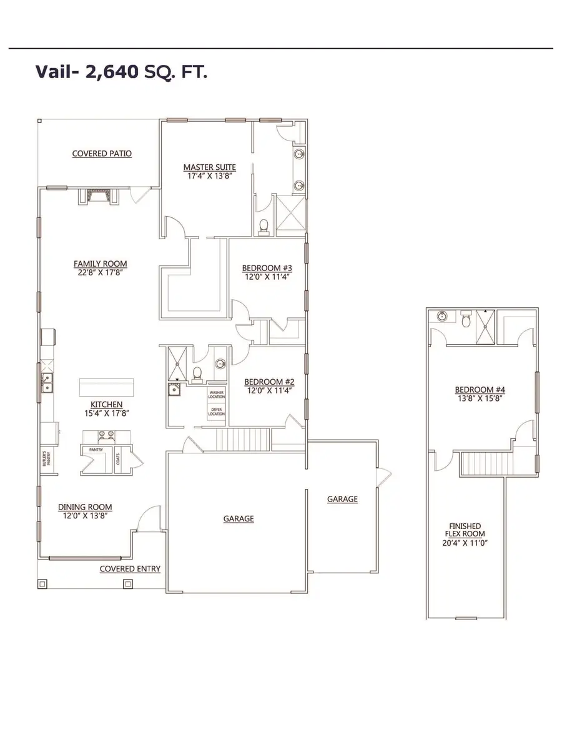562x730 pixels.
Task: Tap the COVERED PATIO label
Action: click(102, 154)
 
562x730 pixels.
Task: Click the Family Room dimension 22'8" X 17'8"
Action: click(100, 272)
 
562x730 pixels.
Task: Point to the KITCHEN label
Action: click(106, 405)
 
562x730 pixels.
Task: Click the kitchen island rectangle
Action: click(106, 387)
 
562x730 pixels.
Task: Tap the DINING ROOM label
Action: click(85, 507)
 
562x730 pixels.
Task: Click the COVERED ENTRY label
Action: click(130, 569)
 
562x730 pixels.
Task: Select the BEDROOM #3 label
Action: click(267, 269)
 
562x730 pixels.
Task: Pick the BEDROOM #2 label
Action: click(269, 382)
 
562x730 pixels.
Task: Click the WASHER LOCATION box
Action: click(217, 394)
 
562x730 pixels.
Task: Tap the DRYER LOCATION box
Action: click(217, 412)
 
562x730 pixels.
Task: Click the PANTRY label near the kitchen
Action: click(96, 449)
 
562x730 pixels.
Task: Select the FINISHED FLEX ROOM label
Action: click(463, 530)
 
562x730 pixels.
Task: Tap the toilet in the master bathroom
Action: click(264, 227)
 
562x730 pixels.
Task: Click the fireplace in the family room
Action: click(98, 197)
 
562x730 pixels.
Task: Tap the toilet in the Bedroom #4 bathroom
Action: click(466, 321)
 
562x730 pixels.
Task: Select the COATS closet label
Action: click(119, 458)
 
